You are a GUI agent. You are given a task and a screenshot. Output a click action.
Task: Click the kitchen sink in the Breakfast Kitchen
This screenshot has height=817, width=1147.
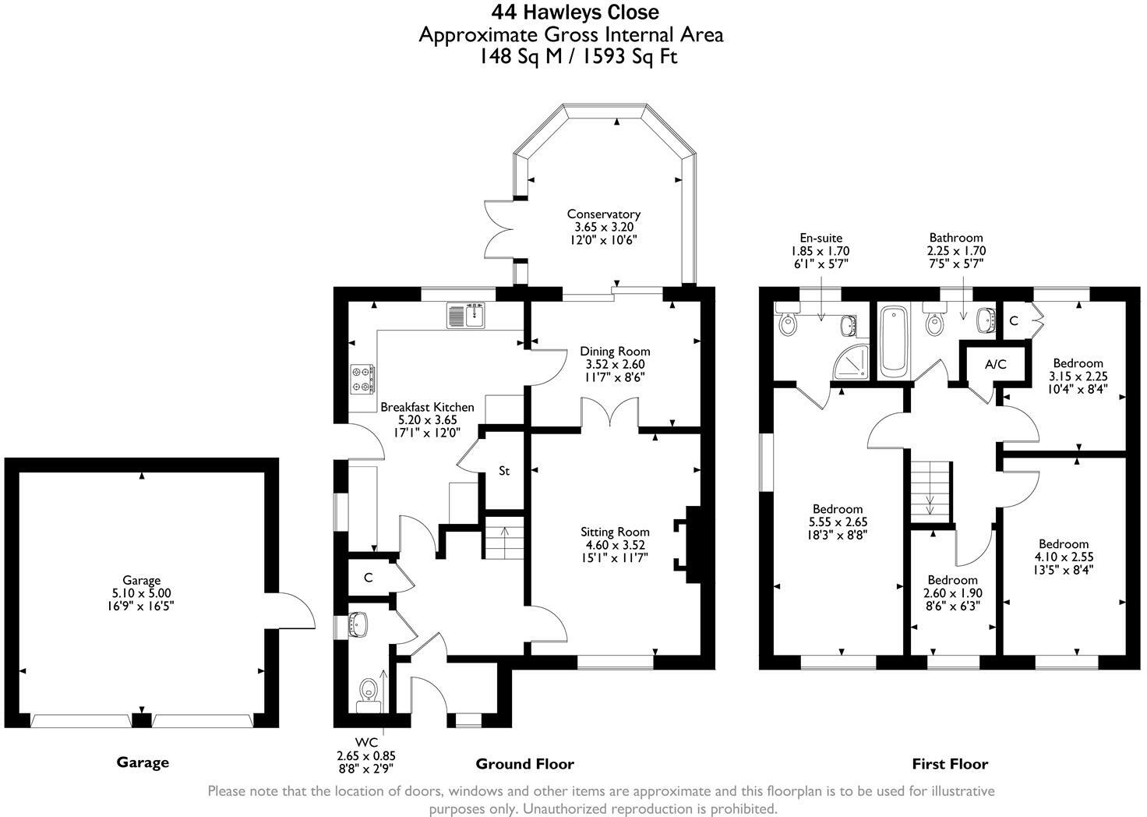pyautogui.click(x=468, y=315)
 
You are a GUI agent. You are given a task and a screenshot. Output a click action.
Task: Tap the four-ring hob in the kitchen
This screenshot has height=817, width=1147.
pyautogui.click(x=362, y=379)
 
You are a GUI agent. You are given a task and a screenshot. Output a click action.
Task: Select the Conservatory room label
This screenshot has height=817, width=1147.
pyautogui.click(x=604, y=214)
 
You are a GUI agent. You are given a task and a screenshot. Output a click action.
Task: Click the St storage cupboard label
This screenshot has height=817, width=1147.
pyautogui.click(x=504, y=471)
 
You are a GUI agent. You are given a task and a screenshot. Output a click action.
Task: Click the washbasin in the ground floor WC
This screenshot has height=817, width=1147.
pyautogui.click(x=358, y=624)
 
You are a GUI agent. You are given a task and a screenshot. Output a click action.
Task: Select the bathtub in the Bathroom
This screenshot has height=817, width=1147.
pyautogui.click(x=895, y=341)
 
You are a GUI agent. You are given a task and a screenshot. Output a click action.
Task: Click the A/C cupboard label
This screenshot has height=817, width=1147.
pyautogui.click(x=995, y=364)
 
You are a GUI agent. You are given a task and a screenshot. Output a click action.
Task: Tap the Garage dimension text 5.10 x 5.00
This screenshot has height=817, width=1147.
pyautogui.click(x=141, y=593)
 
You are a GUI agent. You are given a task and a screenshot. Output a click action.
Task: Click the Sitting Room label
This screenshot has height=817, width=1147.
pyautogui.click(x=615, y=532)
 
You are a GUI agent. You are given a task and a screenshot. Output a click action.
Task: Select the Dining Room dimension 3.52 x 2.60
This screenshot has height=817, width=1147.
pyautogui.click(x=615, y=364)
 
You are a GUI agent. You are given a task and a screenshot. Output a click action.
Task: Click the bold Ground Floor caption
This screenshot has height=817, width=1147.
pyautogui.click(x=525, y=764)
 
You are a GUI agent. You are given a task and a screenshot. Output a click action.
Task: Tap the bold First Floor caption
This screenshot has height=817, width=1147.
pyautogui.click(x=950, y=764)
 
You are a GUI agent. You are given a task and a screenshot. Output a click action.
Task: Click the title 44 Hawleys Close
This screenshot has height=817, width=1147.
pyautogui.click(x=575, y=12)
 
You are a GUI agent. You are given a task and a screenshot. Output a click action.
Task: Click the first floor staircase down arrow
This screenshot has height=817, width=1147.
pyautogui.click(x=930, y=504)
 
